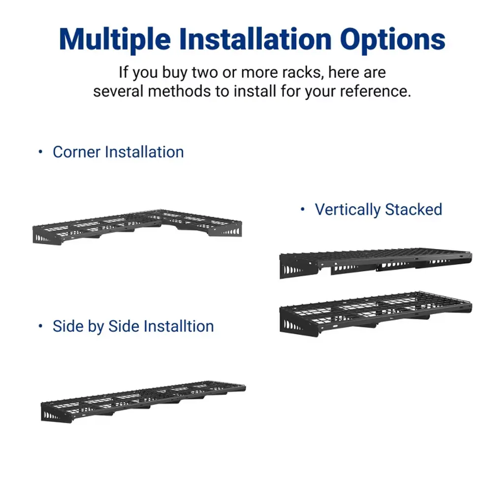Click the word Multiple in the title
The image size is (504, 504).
pos(115,40)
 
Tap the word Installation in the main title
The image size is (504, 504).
pos(255,39)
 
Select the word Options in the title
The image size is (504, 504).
pos(393,40)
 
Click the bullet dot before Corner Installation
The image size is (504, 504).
pos(40,152)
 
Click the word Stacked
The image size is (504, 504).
pos(413,209)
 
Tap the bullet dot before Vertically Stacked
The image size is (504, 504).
pos(303,210)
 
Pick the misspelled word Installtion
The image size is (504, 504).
pos(179,326)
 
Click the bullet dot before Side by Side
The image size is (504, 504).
pos(40,326)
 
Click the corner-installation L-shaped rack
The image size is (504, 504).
pos(137,226)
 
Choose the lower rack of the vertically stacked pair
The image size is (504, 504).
pos(376,314)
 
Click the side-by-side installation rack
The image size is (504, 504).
pos(143,401)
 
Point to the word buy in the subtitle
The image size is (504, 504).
pos(175,73)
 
